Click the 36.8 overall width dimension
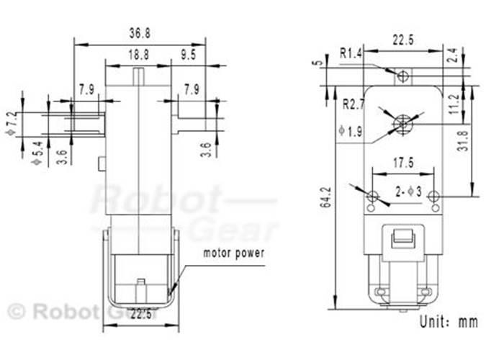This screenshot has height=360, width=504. (140, 32)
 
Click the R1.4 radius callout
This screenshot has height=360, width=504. (352, 53)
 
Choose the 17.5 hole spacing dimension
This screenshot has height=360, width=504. (402, 163)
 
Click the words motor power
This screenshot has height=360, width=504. (234, 253)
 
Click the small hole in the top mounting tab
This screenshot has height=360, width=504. (403, 74)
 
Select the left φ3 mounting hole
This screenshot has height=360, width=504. (372, 197)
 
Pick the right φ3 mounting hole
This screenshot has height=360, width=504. (433, 197)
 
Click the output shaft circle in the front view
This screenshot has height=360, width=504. (402, 125)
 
